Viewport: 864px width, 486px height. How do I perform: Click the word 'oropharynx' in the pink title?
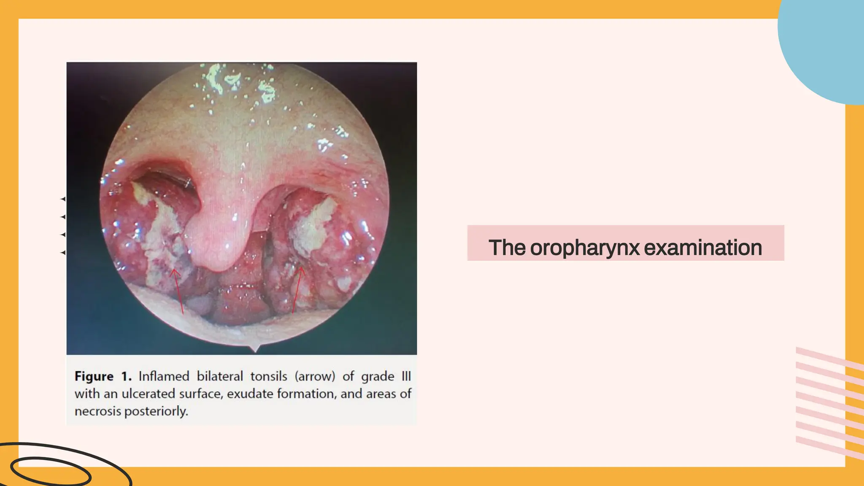585,248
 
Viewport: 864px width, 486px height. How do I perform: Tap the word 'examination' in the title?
703,248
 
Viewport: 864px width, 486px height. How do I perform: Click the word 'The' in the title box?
507,248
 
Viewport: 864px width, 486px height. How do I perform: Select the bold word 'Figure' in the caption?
94,376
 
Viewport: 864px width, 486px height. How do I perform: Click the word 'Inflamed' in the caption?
164,376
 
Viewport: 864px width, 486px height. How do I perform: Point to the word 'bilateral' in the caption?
220,376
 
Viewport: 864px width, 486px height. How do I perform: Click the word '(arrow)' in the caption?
315,376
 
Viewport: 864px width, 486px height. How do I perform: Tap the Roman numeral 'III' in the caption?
406,376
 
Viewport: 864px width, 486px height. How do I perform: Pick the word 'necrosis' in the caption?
97,411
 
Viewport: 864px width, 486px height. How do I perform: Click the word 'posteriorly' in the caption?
156,411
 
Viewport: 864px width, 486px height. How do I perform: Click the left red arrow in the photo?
178,291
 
